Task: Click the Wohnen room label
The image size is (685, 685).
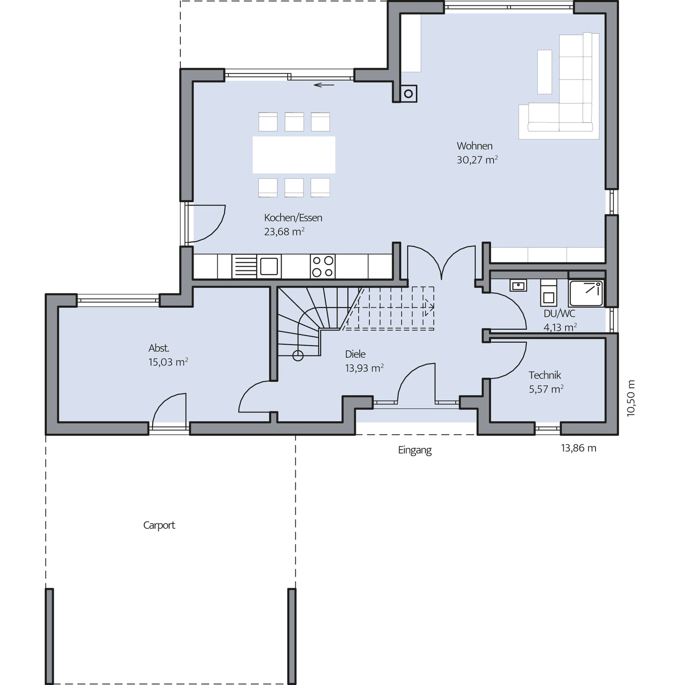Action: coord(474,146)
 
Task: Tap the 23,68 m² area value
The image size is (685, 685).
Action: coord(284,232)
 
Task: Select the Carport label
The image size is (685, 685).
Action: coord(159,525)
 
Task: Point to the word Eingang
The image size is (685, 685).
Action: coord(414,450)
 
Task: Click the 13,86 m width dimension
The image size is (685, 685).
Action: coord(578,448)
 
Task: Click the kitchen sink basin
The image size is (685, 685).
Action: coord(269,266)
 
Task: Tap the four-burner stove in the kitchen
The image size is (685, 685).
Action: coord(323,266)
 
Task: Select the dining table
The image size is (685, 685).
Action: coord(294,155)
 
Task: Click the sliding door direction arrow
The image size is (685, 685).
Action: coord(324,85)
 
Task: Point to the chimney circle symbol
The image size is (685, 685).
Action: coord(409,94)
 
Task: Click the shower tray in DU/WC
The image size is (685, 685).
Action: coord(586,294)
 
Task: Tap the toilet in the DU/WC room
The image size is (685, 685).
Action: coord(548,293)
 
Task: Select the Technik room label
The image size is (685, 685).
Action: coord(545,375)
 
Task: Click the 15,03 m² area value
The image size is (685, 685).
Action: coord(168,362)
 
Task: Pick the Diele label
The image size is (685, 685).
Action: coord(355,354)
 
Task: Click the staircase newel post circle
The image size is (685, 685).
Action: coord(298,355)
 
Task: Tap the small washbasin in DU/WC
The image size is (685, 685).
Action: coord(519,285)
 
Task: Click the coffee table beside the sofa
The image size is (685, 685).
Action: coord(544,72)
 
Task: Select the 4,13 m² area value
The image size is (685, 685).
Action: coord(560,327)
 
